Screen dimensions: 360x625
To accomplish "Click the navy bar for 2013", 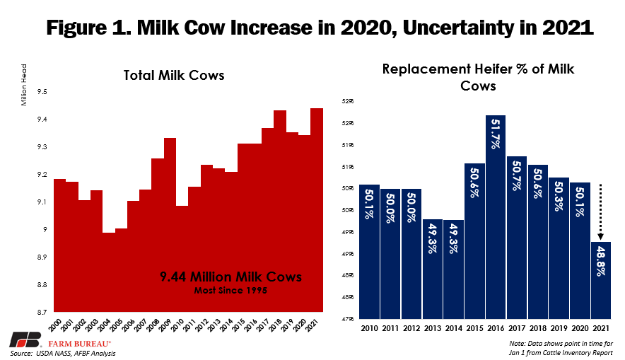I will click(433, 269).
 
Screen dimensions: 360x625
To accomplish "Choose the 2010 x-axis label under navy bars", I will click(369, 329).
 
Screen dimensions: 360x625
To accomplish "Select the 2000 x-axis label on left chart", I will click(60, 326).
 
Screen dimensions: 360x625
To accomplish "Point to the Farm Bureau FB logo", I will click(19, 338).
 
